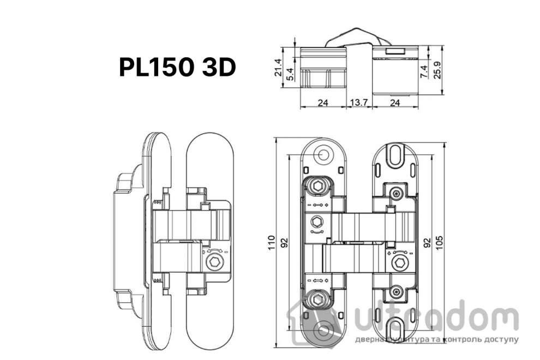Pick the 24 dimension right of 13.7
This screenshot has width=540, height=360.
tap(396, 101)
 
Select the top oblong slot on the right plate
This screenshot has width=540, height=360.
tap(395, 154)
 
